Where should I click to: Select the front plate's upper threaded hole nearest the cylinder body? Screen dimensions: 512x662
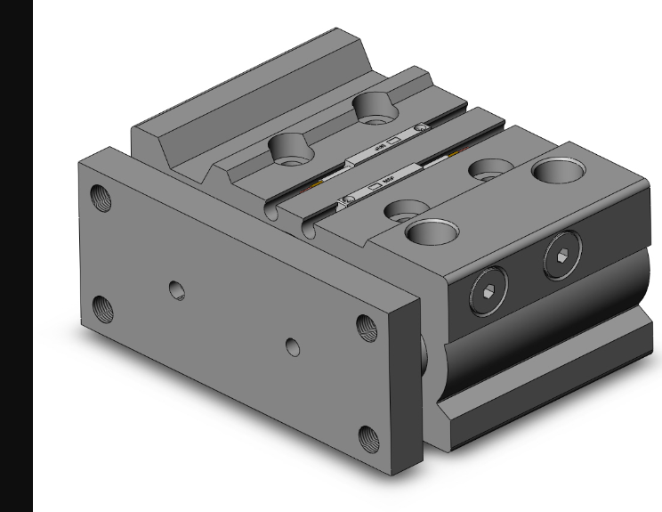(x=366, y=327)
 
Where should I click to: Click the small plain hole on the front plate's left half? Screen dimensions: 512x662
(x=178, y=289)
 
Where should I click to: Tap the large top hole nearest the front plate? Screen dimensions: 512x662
(x=432, y=232)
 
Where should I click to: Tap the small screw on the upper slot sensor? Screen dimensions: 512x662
(x=421, y=131)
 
